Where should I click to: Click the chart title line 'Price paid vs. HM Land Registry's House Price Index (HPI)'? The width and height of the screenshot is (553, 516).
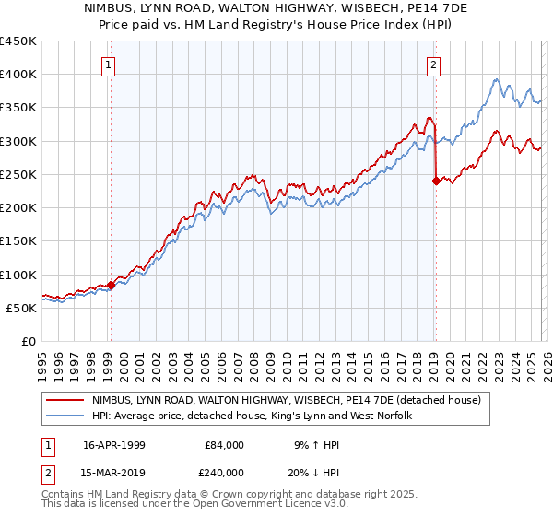pyautogui.click(x=276, y=25)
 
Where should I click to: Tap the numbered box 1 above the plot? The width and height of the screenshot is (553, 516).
pyautogui.click(x=109, y=64)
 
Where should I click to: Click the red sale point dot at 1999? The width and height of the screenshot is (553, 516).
pyautogui.click(x=111, y=285)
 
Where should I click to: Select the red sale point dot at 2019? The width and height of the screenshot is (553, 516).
pyautogui.click(x=435, y=181)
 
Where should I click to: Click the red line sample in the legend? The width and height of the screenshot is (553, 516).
pyautogui.click(x=65, y=401)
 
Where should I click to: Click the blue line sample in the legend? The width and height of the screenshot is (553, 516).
pyautogui.click(x=65, y=416)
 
